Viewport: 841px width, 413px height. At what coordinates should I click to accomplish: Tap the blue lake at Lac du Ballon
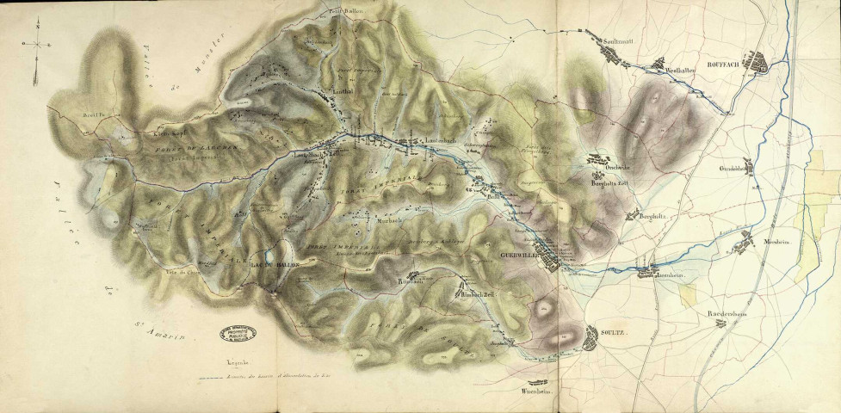click(x=269, y=256)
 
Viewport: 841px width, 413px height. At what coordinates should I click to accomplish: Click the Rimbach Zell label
click(x=482, y=297)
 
